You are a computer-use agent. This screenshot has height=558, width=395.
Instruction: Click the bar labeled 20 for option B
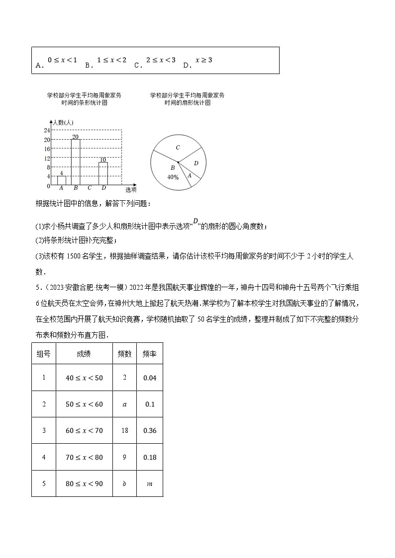(76, 162)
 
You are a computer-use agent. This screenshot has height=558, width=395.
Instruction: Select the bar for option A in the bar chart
(61, 180)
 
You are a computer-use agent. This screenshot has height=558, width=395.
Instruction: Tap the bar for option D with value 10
(103, 174)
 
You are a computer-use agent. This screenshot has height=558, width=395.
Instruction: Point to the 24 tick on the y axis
(47, 130)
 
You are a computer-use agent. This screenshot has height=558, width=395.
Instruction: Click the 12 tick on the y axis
(47, 158)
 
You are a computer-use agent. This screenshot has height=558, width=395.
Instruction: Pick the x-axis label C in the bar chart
(90, 188)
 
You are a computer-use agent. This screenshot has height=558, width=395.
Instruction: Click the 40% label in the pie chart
(173, 177)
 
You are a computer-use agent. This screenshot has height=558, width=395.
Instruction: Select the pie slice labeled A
(189, 175)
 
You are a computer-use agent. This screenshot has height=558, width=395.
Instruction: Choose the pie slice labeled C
(178, 147)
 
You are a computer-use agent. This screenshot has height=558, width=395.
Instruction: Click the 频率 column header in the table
(149, 354)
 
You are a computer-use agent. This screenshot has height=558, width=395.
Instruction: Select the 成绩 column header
(84, 354)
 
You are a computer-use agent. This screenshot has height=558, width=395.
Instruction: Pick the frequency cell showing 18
(124, 430)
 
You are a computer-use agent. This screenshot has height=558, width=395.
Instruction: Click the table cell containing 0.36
(149, 430)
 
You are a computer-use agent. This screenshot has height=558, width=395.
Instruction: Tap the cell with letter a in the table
(124, 404)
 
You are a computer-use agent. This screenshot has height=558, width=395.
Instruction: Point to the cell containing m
(149, 483)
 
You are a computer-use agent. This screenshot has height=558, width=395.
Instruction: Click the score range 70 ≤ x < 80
(84, 457)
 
